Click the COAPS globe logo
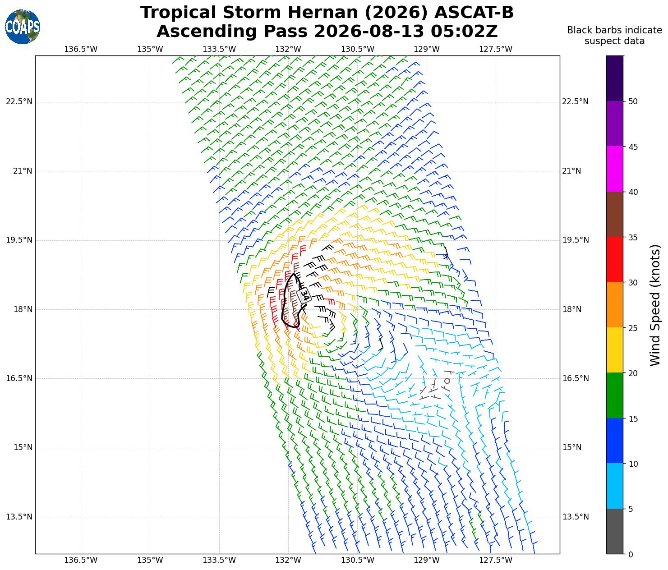coord(23,27)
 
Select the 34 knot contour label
coord(304,295)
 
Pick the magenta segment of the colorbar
coord(615,169)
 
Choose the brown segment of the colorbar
coord(615,214)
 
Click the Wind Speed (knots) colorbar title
coord(655,305)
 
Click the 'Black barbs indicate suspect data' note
coord(614,36)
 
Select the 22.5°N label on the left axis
coord(19,101)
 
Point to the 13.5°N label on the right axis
coord(576,517)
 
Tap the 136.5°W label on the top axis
coord(81,49)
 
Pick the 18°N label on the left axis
coord(23,309)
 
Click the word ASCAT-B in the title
coord(474,13)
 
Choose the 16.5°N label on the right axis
coord(576,378)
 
